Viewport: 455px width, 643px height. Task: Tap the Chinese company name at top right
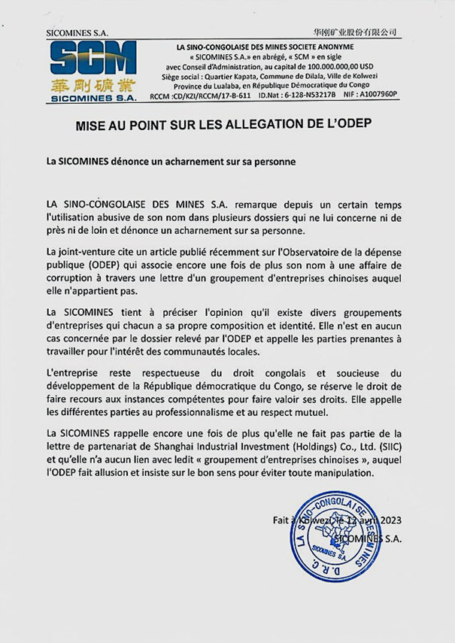[x=356, y=32]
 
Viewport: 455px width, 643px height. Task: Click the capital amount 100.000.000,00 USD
[x=344, y=66]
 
